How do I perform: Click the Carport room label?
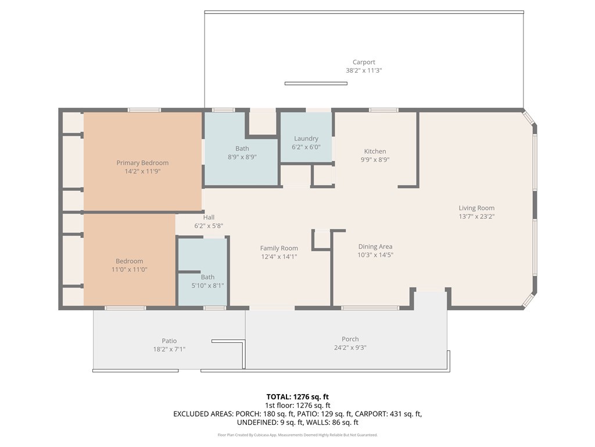pyautogui.click(x=364, y=62)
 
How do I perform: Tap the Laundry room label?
pyautogui.click(x=306, y=139)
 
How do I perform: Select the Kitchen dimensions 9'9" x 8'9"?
pyautogui.click(x=375, y=159)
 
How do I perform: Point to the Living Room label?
pyautogui.click(x=476, y=208)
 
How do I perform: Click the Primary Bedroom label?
pyautogui.click(x=142, y=163)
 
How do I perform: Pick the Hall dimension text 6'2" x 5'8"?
pyautogui.click(x=209, y=226)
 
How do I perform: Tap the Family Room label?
pyautogui.click(x=279, y=248)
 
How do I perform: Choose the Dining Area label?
pyautogui.click(x=375, y=247)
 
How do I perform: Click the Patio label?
pyautogui.click(x=169, y=341)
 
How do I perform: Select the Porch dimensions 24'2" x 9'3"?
pyautogui.click(x=350, y=347)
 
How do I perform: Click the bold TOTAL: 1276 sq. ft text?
pyautogui.click(x=297, y=397)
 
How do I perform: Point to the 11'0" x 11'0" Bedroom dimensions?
pyautogui.click(x=130, y=269)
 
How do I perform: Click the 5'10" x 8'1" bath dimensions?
pyautogui.click(x=207, y=285)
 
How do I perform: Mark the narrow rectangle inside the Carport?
pyautogui.click(x=316, y=84)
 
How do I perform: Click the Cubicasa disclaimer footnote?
pyautogui.click(x=297, y=435)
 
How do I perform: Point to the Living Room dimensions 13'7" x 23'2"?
pyautogui.click(x=476, y=217)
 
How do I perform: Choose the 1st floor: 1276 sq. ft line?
pyautogui.click(x=297, y=406)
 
